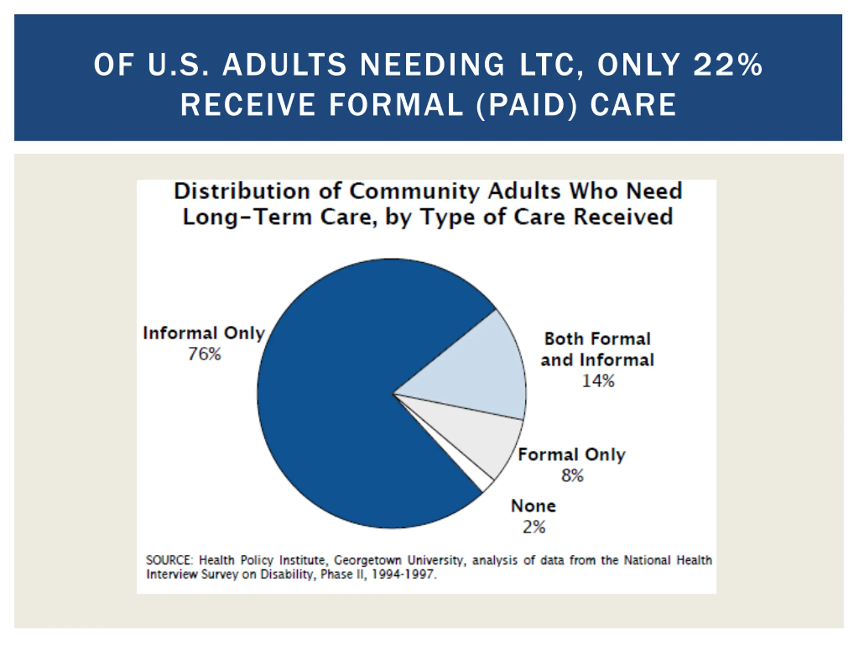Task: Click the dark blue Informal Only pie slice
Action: [334, 393]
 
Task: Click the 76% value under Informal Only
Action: [204, 354]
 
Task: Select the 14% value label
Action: [598, 381]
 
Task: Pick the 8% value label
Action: [572, 475]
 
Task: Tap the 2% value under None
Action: [534, 527]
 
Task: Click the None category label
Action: [534, 506]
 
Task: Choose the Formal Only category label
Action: [572, 455]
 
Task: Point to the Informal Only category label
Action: [204, 333]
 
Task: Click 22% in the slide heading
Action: [728, 64]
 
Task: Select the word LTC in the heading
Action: [551, 64]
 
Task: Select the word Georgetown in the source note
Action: [367, 560]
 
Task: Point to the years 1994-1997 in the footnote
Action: [402, 574]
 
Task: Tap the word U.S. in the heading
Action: [178, 64]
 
